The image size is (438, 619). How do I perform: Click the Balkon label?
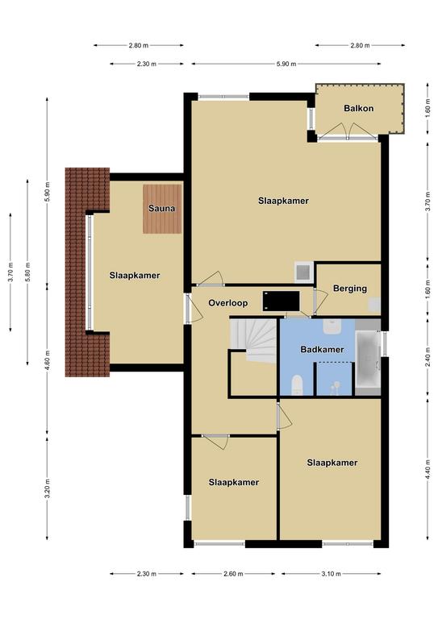[358, 108]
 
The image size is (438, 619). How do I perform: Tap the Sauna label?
[161, 208]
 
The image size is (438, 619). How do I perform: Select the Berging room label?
[350, 289]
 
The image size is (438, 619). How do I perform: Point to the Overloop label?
[228, 303]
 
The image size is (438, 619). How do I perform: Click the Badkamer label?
[322, 349]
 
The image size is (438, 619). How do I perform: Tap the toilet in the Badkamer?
[297, 385]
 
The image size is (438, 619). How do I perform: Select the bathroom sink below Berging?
[332, 326]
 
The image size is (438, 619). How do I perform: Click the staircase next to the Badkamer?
[253, 340]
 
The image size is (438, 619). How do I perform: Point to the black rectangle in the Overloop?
[281, 301]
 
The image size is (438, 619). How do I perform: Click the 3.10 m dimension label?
[331, 574]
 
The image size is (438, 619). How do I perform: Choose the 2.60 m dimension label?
[233, 574]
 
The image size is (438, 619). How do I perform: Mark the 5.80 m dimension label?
[27, 272]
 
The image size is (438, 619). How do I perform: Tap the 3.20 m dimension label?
[47, 488]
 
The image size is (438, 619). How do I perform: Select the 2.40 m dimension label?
[428, 357]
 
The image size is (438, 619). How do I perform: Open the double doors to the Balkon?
[348, 131]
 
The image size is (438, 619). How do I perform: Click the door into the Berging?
[320, 301]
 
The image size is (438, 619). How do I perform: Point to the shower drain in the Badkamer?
[336, 384]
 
